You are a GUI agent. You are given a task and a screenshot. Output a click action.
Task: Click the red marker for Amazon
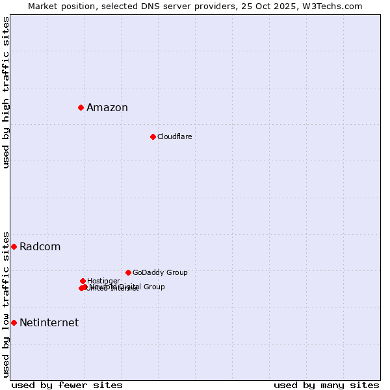click(81, 107)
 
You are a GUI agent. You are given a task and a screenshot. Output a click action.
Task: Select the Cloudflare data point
click(153, 136)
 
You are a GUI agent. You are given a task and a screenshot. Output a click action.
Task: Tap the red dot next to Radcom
click(14, 246)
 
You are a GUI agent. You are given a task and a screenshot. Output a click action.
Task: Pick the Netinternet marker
click(14, 322)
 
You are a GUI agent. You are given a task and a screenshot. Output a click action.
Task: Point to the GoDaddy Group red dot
click(128, 272)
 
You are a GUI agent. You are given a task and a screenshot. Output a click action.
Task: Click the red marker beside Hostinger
click(83, 281)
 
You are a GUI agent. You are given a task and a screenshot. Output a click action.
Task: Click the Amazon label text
click(107, 108)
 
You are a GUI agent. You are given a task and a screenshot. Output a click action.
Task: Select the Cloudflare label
click(174, 136)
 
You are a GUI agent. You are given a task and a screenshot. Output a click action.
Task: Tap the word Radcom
click(40, 247)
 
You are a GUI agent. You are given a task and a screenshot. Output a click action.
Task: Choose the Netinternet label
click(49, 323)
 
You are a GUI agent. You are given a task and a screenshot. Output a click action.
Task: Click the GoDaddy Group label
click(160, 273)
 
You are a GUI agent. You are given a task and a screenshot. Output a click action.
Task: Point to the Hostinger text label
click(103, 281)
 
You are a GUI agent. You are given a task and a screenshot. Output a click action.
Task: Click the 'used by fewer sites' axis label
click(67, 385)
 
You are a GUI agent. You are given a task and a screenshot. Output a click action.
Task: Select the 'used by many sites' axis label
click(326, 385)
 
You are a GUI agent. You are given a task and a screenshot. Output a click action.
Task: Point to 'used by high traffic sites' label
click(6, 92)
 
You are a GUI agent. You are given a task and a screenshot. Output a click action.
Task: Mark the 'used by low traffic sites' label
click(6, 304)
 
